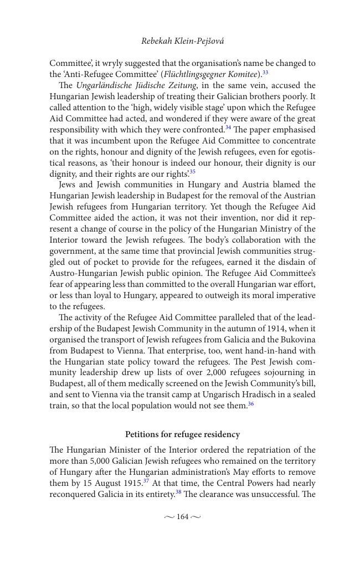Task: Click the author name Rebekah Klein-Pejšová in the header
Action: pyautogui.click(x=182, y=41)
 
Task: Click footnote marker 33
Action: pyautogui.click(x=265, y=73)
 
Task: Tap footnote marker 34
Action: pyautogui.click(x=228, y=128)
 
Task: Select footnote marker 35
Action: pyautogui.click(x=192, y=172)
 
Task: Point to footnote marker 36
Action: pyautogui.click(x=251, y=404)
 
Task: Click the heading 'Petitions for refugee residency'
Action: pyautogui.click(x=182, y=434)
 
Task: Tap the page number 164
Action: pyautogui.click(x=182, y=517)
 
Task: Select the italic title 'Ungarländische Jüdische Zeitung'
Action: pyautogui.click(x=136, y=85)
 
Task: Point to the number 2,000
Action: pyautogui.click(x=232, y=373)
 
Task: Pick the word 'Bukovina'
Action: pyautogui.click(x=297, y=340)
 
